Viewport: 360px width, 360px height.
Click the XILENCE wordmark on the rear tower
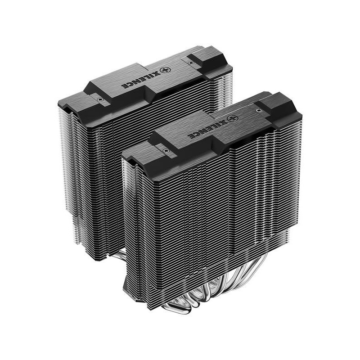[x=140, y=80]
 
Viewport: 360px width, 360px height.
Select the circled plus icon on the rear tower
[x=165, y=70]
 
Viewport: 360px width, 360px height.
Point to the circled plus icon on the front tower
[x=232, y=119]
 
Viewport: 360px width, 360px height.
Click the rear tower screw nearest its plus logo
[x=190, y=63]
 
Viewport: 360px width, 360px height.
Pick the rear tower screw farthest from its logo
[x=100, y=99]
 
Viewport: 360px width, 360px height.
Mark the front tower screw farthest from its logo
[x=166, y=151]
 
